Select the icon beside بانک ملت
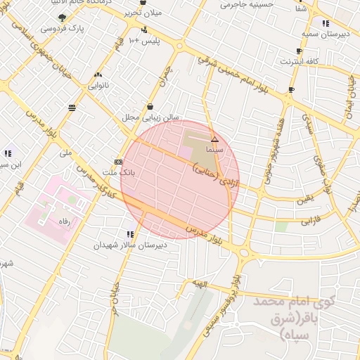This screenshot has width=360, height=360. (118, 160)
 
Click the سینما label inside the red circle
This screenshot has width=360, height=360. (214, 150)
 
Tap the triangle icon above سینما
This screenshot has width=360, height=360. (214, 140)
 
